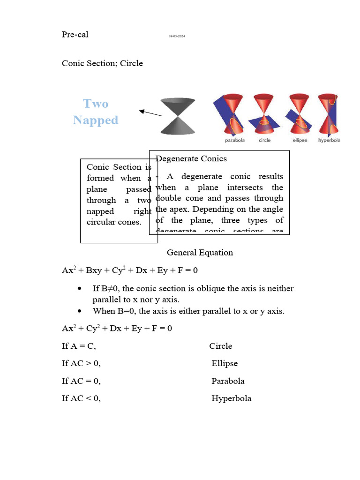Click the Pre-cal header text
(x=75, y=34)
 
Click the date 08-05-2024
(x=177, y=36)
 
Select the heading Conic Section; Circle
(x=102, y=63)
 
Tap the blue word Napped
(x=96, y=120)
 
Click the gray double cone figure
(x=178, y=116)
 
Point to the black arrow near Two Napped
(x=150, y=113)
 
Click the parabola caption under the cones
(x=234, y=140)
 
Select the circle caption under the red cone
(x=264, y=140)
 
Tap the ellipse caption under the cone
(x=300, y=140)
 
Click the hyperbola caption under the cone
(x=329, y=140)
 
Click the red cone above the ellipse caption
(x=299, y=115)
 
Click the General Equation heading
(x=200, y=253)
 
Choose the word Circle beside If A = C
(x=221, y=346)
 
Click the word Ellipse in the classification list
(x=225, y=363)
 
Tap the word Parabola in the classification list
(x=228, y=381)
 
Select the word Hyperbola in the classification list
(x=231, y=398)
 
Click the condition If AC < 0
(x=81, y=398)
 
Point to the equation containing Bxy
(x=133, y=270)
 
